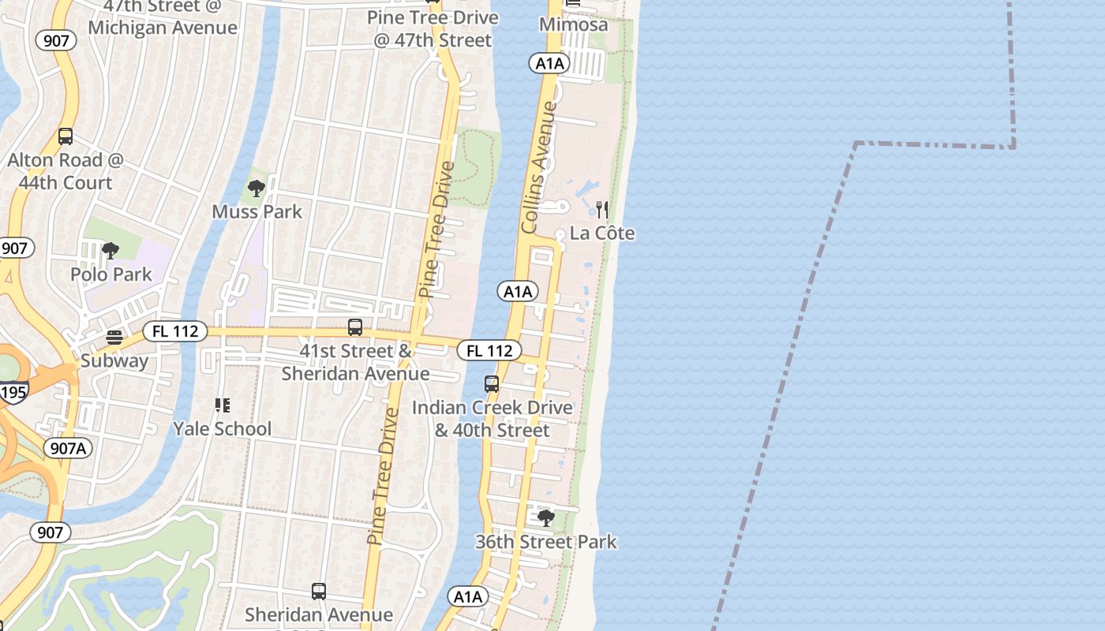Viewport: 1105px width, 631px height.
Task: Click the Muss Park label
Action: [257, 211]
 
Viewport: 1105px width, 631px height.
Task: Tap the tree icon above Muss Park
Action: [256, 189]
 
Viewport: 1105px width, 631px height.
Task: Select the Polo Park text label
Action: [110, 274]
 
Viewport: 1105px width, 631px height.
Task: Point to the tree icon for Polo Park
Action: [110, 252]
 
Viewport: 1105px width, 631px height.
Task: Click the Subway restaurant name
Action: [114, 361]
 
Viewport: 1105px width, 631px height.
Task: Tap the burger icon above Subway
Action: [114, 338]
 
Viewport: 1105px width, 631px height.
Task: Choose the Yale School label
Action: [222, 429]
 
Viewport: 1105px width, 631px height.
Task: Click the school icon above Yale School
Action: [223, 405]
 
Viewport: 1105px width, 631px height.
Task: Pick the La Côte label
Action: [601, 233]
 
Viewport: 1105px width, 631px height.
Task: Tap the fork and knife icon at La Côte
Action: [602, 210]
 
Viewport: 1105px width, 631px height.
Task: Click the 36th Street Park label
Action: [545, 542]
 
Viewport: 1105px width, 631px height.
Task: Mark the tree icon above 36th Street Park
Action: [545, 518]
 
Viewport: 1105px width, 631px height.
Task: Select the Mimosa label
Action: [574, 24]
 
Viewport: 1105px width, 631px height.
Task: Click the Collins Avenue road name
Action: [539, 167]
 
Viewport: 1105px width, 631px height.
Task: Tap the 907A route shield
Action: [68, 449]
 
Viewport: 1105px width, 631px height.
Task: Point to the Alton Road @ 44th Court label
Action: [66, 171]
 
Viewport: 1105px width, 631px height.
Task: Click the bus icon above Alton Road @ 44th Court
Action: [66, 136]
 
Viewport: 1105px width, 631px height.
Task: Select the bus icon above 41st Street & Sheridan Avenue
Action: [355, 327]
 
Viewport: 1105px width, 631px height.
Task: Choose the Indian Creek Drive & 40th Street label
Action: [492, 419]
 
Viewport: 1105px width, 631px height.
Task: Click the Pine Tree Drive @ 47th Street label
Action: [433, 28]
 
